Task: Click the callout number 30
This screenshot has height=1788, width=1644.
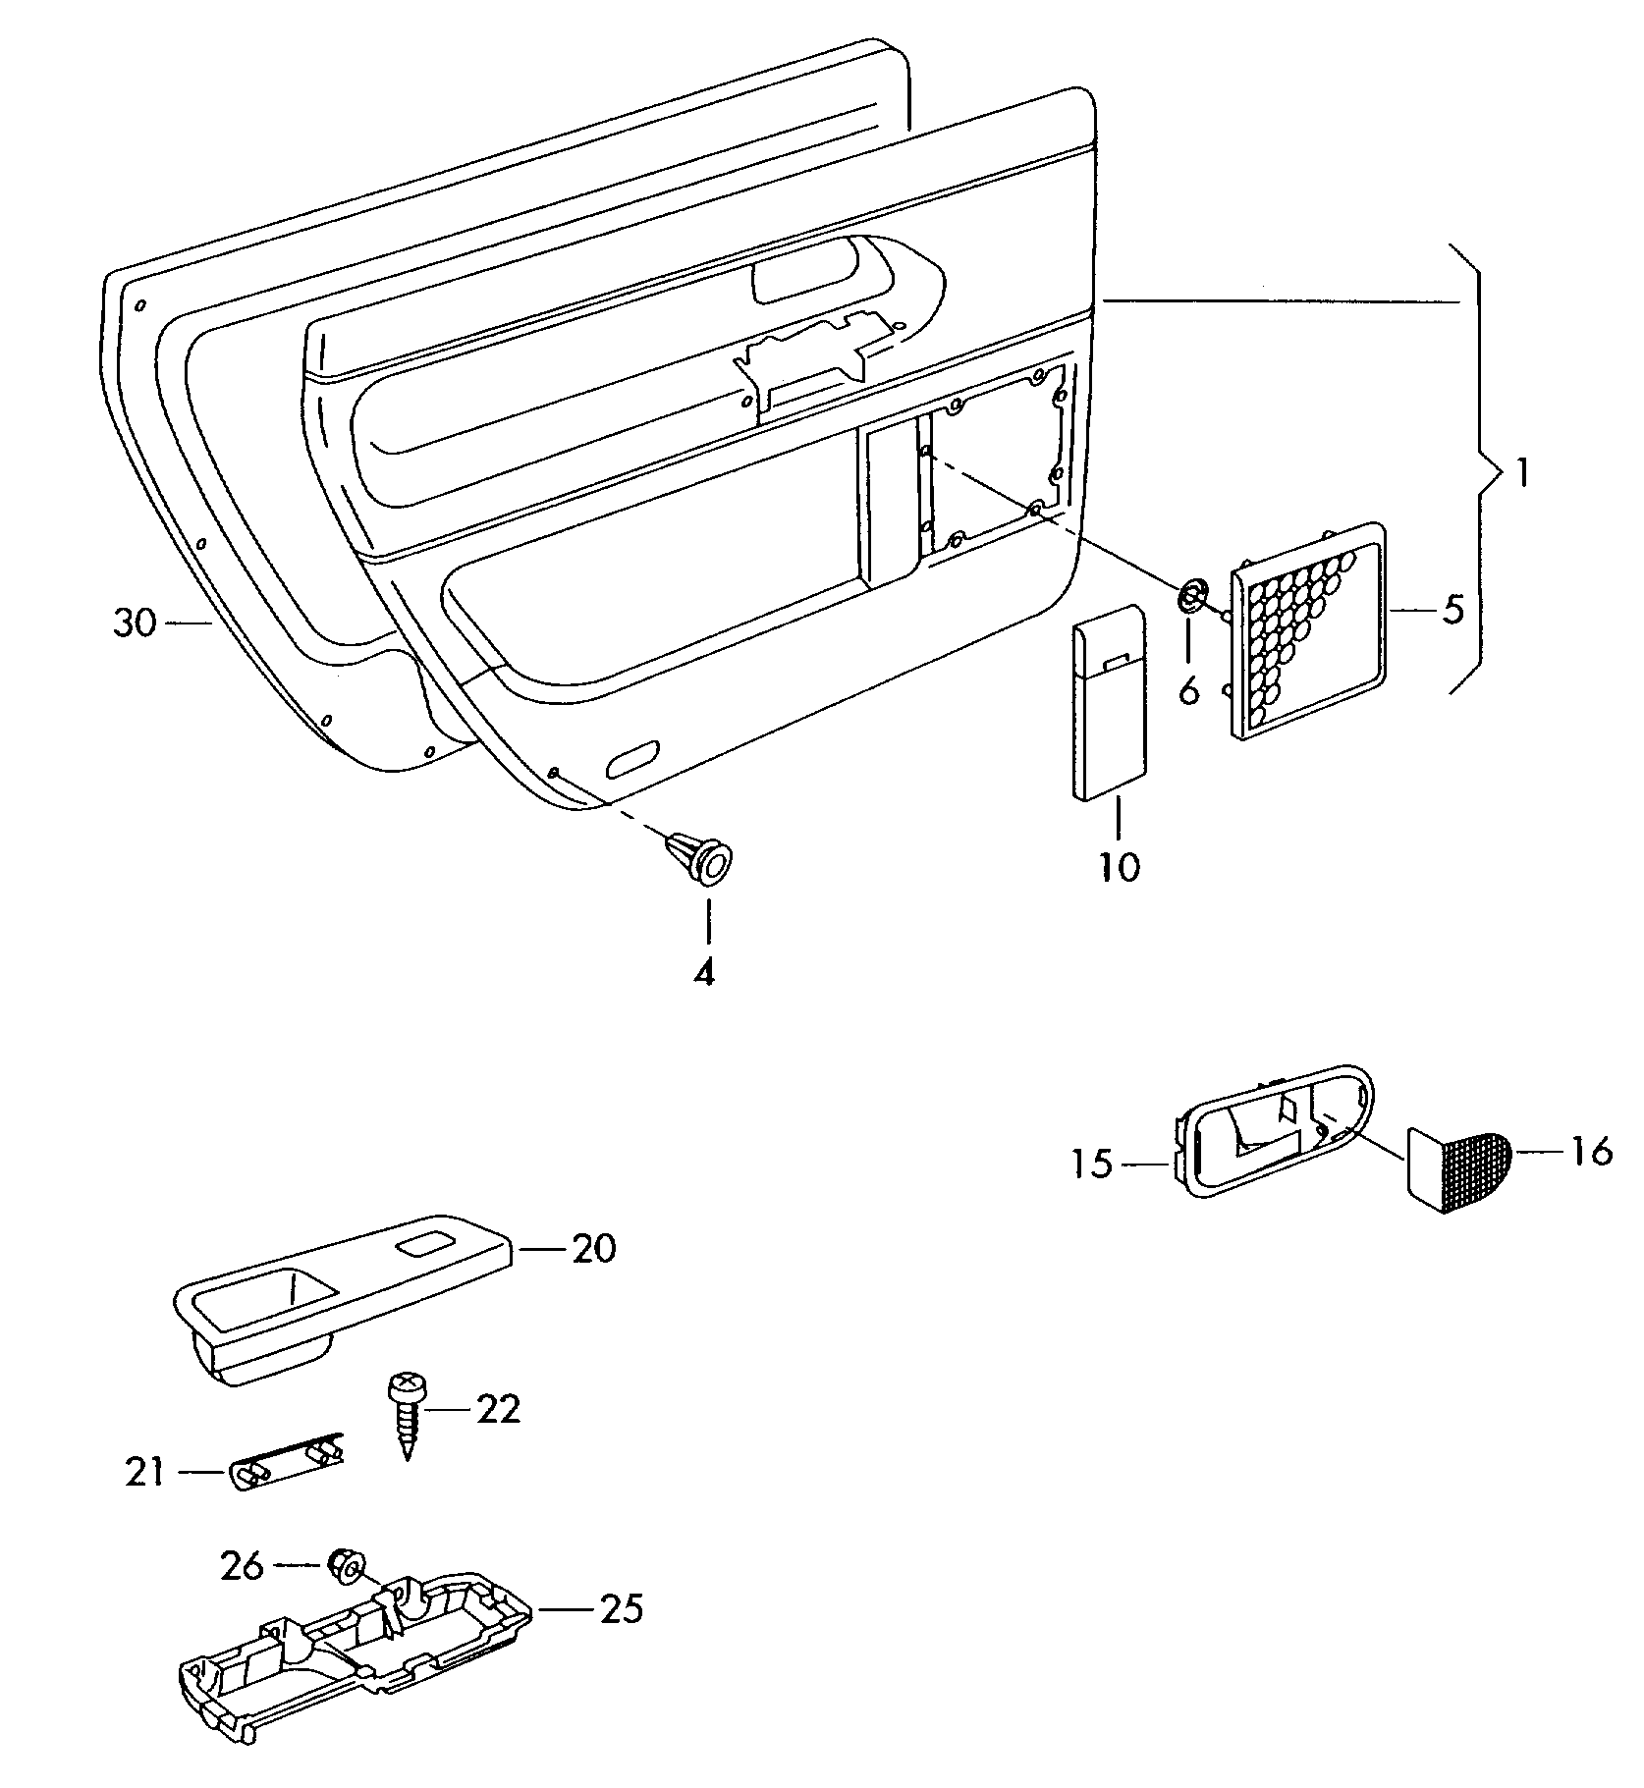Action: pos(135,623)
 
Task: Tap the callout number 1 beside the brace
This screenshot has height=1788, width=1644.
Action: pos(1520,475)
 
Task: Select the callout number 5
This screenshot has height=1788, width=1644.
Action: pos(1453,609)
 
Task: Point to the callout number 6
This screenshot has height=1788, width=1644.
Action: pos(1188,690)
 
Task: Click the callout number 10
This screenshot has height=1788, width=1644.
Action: pos(1119,867)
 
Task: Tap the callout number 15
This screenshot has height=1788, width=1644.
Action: pos(1092,1165)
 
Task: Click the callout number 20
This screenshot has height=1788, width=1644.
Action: pos(593,1249)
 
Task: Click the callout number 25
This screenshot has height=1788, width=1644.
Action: pos(621,1609)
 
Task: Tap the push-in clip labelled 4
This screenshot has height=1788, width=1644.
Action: pos(701,858)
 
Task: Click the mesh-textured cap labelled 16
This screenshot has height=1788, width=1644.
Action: pos(1458,1165)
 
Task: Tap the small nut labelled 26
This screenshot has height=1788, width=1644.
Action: pos(345,1566)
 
